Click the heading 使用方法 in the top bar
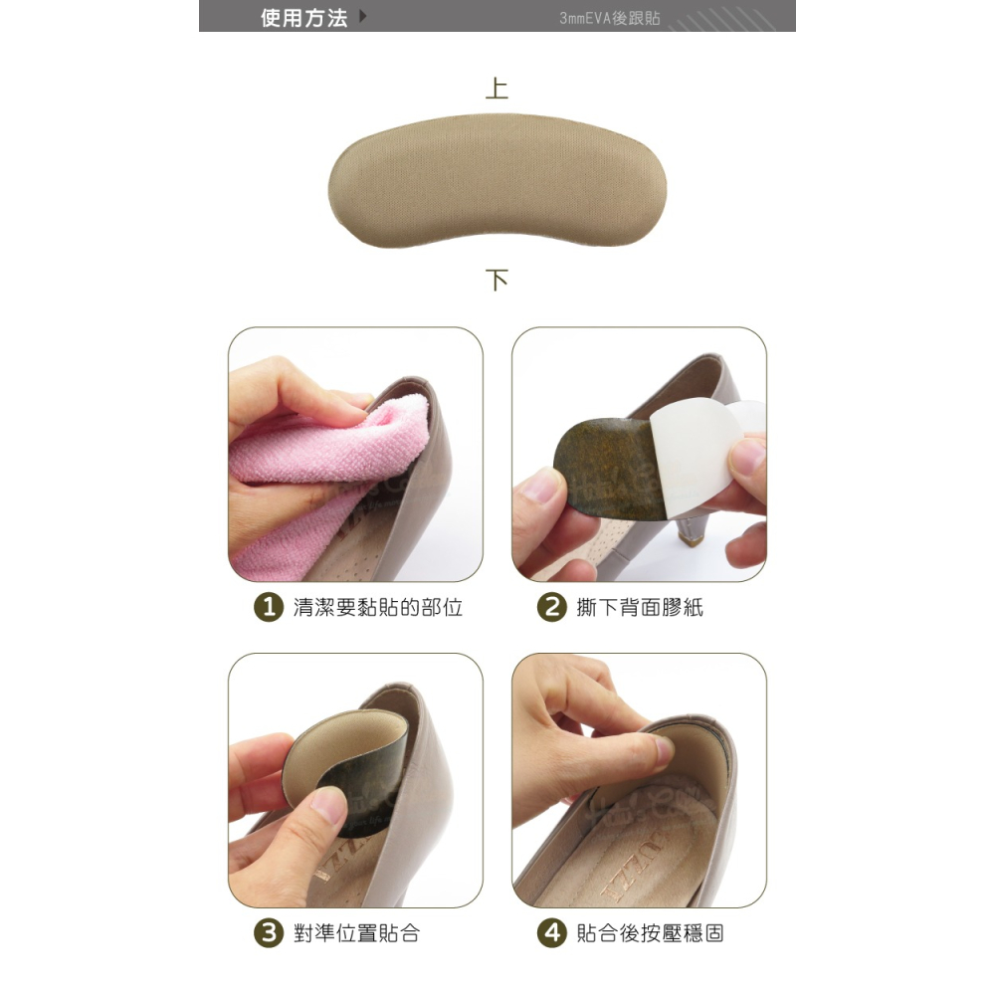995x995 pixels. click(x=303, y=18)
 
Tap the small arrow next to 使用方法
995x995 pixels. click(x=363, y=16)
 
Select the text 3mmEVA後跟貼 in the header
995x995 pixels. click(x=610, y=18)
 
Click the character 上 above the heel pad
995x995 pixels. click(x=497, y=89)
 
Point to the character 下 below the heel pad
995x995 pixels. click(x=497, y=280)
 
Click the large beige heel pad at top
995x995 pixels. click(x=497, y=181)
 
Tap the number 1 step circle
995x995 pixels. click(x=269, y=607)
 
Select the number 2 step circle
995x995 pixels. click(x=552, y=607)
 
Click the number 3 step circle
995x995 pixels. click(x=269, y=933)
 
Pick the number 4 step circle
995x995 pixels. click(x=552, y=933)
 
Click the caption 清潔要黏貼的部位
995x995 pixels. click(x=377, y=608)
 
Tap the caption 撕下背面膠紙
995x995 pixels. click(x=640, y=608)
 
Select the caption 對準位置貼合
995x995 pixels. click(x=356, y=933)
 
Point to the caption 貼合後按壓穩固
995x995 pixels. click(x=651, y=933)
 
